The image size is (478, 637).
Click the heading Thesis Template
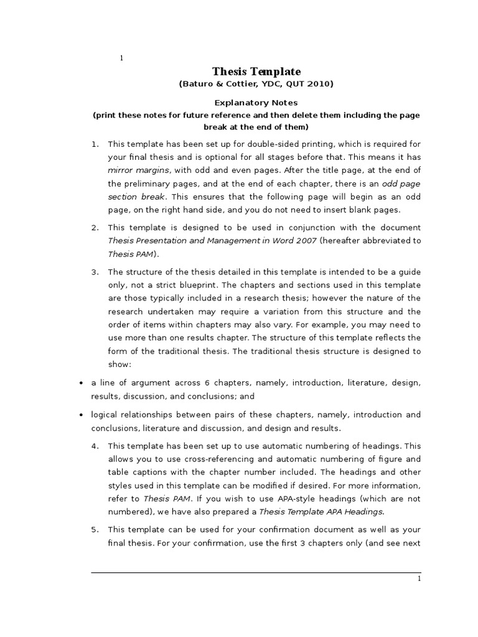(x=256, y=72)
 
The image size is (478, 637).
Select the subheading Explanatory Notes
(x=256, y=103)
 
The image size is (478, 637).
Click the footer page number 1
(x=419, y=579)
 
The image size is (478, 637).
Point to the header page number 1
(x=121, y=58)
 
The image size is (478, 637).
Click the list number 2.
(x=95, y=228)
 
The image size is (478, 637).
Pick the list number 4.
(x=95, y=446)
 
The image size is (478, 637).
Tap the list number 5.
(x=95, y=529)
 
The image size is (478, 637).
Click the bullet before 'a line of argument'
(x=82, y=383)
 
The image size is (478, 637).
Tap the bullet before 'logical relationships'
(x=82, y=415)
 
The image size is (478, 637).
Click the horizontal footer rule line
(x=256, y=572)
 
